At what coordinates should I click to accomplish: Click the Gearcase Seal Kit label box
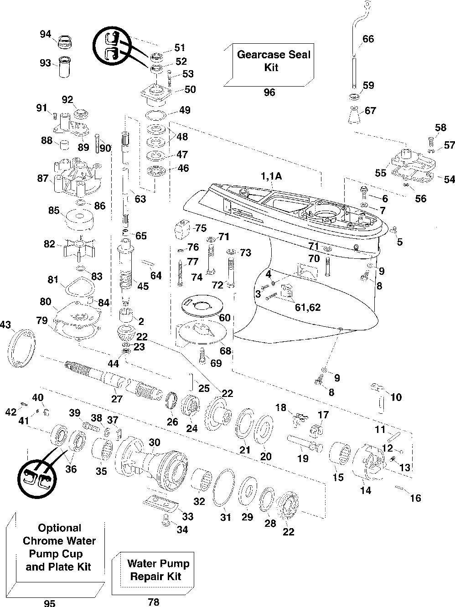click(x=269, y=65)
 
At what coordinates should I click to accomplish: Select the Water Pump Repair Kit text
click(x=158, y=570)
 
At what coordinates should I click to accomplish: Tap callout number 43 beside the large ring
click(x=5, y=324)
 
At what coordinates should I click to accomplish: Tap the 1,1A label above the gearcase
click(x=271, y=176)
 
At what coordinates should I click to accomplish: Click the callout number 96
click(x=269, y=93)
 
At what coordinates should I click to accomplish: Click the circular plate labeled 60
click(x=202, y=305)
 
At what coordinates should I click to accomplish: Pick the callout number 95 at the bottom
click(x=50, y=603)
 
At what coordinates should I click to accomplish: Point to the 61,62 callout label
click(x=308, y=307)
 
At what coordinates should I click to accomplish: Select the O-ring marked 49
click(x=156, y=115)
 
